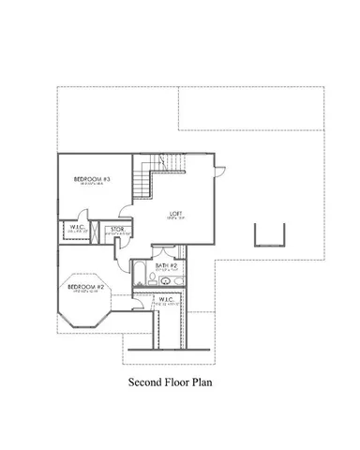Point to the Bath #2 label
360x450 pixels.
tap(169, 267)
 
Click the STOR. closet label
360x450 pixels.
tap(118, 229)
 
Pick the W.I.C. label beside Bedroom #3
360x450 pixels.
tap(78, 226)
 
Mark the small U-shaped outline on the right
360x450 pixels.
tap(268, 234)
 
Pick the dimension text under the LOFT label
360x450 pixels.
tap(175, 218)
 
